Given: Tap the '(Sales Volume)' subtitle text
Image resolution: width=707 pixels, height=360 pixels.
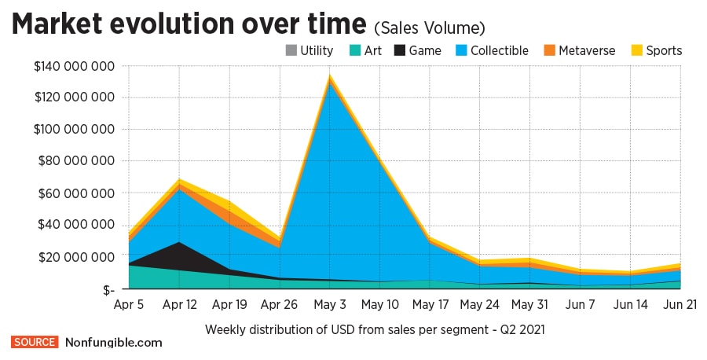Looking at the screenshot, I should tap(429, 28).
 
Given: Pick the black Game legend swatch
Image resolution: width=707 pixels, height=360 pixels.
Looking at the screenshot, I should tap(399, 51).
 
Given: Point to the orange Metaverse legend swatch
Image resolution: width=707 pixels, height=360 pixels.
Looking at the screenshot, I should tap(549, 51).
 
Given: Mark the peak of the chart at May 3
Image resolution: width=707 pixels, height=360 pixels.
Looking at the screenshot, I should tap(330, 77).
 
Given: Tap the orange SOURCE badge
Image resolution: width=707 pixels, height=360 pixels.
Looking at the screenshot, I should tap(35, 343).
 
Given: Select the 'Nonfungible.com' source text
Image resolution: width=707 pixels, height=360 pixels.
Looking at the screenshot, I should tap(113, 343).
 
